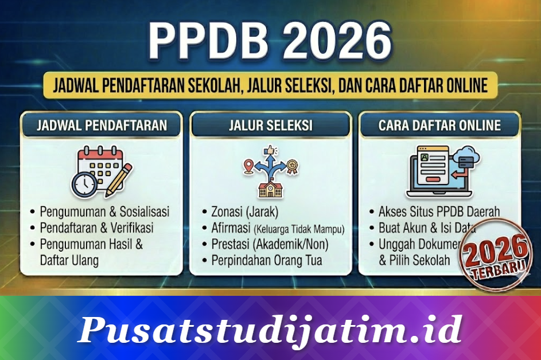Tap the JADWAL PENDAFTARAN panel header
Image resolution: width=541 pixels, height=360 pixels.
(x=102, y=126)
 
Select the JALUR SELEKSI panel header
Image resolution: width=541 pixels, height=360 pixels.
(x=270, y=126)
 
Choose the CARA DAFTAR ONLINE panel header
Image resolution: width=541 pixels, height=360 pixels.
(x=439, y=126)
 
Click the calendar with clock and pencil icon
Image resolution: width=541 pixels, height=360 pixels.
(x=102, y=171)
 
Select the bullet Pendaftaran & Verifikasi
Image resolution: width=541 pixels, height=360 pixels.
(x=96, y=228)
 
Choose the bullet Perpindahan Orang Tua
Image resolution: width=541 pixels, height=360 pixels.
(x=267, y=260)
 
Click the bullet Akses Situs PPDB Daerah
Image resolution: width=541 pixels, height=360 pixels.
(x=439, y=212)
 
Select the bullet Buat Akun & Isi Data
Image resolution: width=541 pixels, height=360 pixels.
(x=430, y=228)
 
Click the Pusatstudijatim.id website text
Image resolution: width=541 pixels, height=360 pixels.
(x=270, y=330)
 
